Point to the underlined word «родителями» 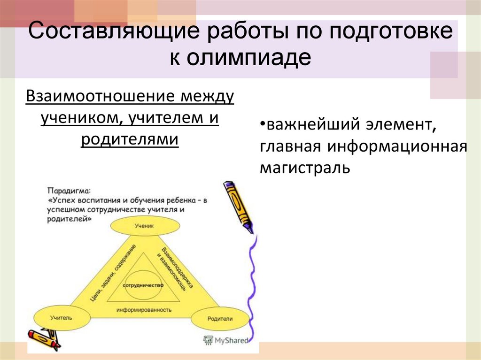[130, 140]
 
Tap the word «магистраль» [305, 167]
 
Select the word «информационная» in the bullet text [394, 146]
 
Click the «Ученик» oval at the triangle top [144, 226]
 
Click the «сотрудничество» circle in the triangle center [143, 285]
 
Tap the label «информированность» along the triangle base [144, 310]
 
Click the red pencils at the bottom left [45, 339]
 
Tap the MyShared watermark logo [225, 340]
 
